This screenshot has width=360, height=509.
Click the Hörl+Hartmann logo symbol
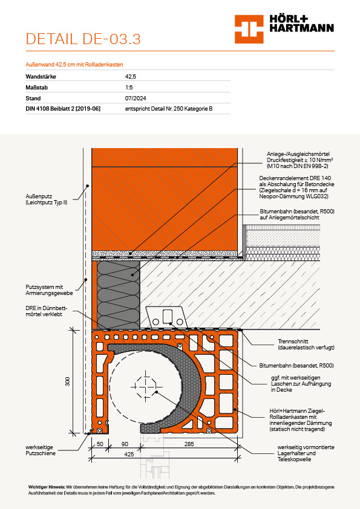(249, 29)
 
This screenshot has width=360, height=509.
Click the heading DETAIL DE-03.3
(83, 39)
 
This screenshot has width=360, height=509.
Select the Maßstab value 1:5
(129, 87)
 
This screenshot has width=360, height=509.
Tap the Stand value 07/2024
(136, 98)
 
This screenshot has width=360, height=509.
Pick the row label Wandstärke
(41, 77)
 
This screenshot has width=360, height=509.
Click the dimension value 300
(68, 381)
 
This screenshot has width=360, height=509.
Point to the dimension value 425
(129, 454)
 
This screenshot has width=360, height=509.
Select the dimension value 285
(189, 444)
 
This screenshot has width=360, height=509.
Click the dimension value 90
(125, 444)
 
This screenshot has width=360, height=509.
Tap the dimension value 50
(100, 444)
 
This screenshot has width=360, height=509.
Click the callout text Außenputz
(39, 196)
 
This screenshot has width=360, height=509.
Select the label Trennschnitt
(293, 341)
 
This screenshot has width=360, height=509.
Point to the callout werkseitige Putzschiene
(41, 450)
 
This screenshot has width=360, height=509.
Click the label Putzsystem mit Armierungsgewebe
(49, 290)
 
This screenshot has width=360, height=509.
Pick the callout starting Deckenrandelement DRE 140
(296, 187)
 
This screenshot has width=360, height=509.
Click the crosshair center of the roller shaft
(146, 387)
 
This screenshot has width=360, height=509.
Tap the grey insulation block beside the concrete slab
(118, 295)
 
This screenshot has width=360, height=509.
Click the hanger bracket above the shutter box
(166, 317)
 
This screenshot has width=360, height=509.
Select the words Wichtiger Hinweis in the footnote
(47, 487)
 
